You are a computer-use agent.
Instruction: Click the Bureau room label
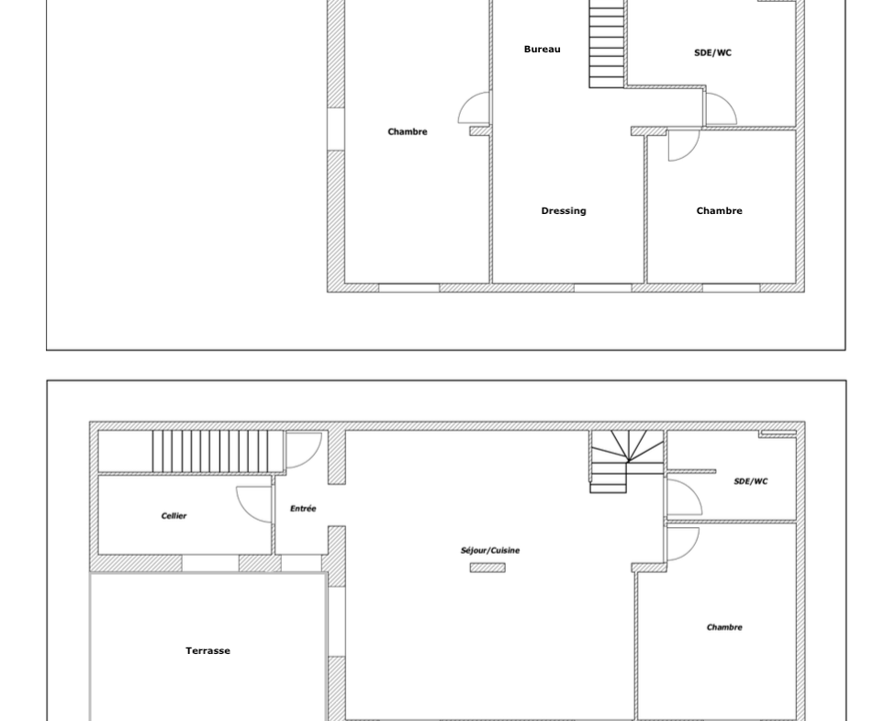tap(542, 49)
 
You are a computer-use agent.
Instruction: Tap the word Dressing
tap(564, 210)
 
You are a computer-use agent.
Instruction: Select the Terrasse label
tap(207, 650)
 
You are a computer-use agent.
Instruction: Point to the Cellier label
tap(174, 515)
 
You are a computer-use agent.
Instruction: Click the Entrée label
tap(303, 508)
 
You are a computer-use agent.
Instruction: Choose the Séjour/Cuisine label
tap(490, 550)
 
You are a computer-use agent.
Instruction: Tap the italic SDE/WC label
tap(751, 481)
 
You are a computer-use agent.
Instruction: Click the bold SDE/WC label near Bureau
tap(712, 52)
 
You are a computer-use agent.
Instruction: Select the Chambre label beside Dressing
tap(719, 210)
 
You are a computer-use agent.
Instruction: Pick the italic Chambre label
tap(724, 626)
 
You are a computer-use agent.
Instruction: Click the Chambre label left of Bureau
tap(407, 131)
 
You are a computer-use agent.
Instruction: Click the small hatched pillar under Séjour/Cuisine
tap(487, 568)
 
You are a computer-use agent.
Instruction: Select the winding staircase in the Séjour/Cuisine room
tap(626, 461)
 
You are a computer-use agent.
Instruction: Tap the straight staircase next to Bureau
tap(607, 44)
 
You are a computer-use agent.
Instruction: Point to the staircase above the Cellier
tap(218, 451)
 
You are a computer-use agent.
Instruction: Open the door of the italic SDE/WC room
tap(684, 497)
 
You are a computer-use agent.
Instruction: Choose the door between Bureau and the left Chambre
tap(474, 107)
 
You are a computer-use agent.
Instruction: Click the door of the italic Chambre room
tap(683, 544)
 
